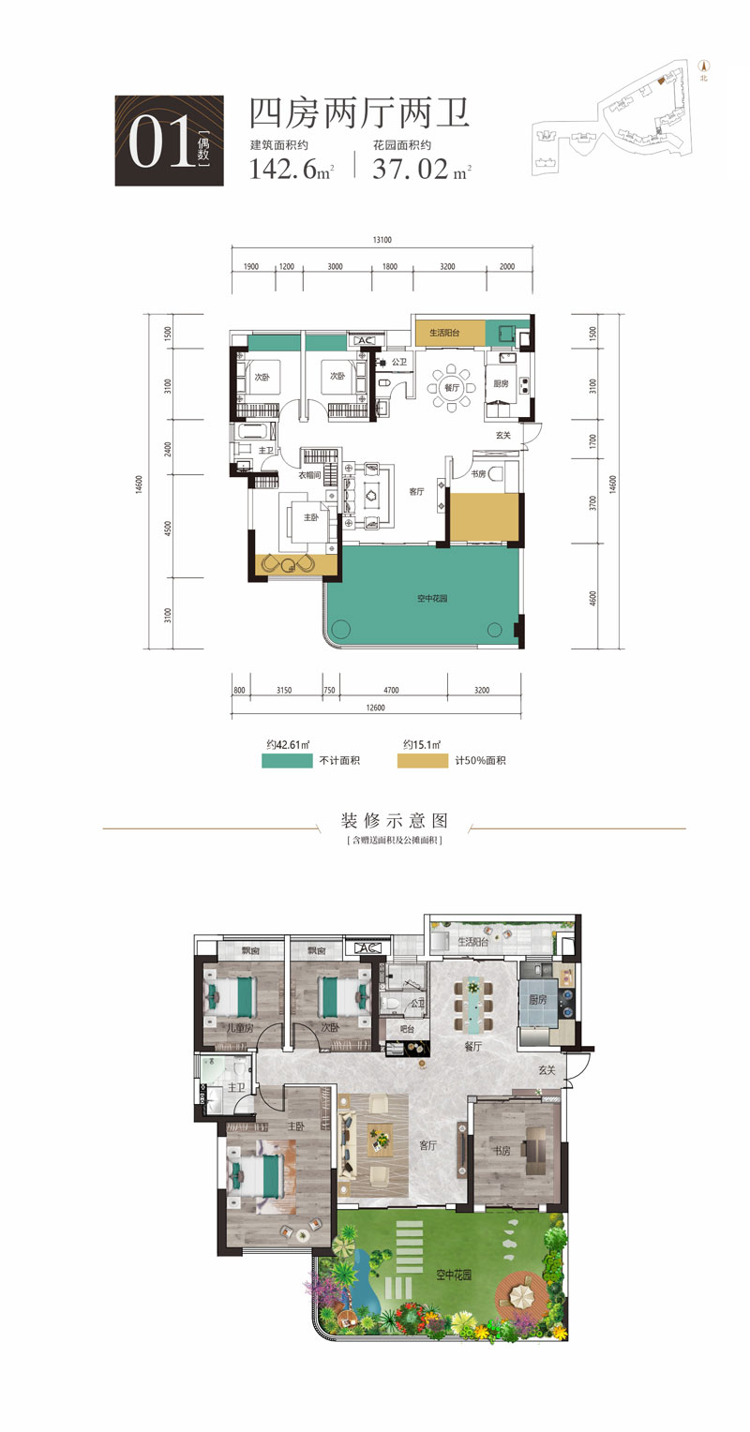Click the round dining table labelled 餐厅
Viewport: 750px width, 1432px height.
tap(452, 387)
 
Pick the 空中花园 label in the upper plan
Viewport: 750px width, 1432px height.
tap(432, 597)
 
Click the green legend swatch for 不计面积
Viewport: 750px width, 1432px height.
tap(286, 760)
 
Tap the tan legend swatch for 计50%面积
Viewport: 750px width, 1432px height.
tap(423, 760)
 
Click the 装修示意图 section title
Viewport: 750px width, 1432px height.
tap(395, 822)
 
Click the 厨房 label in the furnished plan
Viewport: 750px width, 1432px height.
tap(537, 999)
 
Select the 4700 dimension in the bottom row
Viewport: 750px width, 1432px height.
tap(390, 690)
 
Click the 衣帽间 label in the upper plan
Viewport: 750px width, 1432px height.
tap(310, 475)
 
